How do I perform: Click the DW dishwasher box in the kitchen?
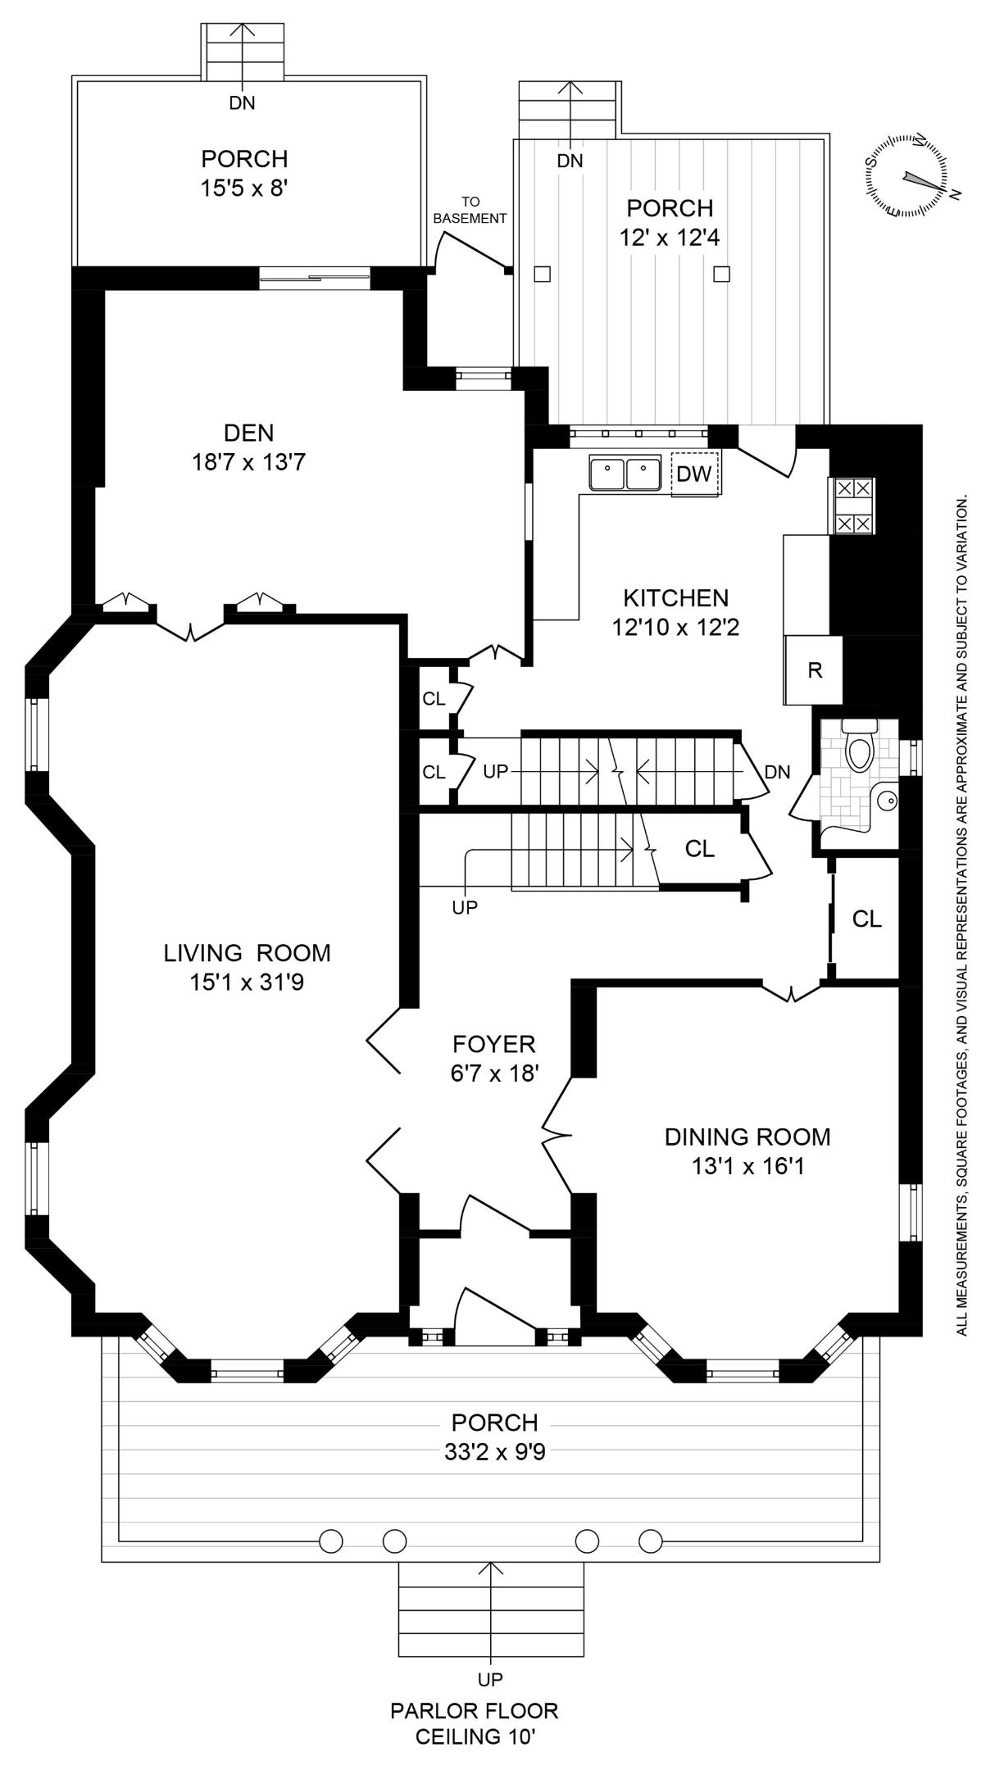[695, 474]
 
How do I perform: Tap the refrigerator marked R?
[814, 670]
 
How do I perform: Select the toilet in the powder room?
[859, 748]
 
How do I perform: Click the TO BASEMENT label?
[470, 210]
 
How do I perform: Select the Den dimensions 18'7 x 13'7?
[248, 463]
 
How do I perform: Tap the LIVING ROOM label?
[247, 953]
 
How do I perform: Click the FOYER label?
[493, 1044]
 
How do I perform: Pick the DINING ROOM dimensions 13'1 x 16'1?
[747, 1165]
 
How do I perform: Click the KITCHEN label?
[675, 597]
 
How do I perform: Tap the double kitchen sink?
[625, 474]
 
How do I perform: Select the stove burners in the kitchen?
[853, 506]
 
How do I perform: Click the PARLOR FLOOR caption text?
[474, 1711]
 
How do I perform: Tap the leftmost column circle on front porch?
[330, 1541]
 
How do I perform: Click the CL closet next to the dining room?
[866, 919]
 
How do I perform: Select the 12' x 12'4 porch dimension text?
[670, 238]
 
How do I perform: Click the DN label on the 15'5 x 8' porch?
[242, 103]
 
